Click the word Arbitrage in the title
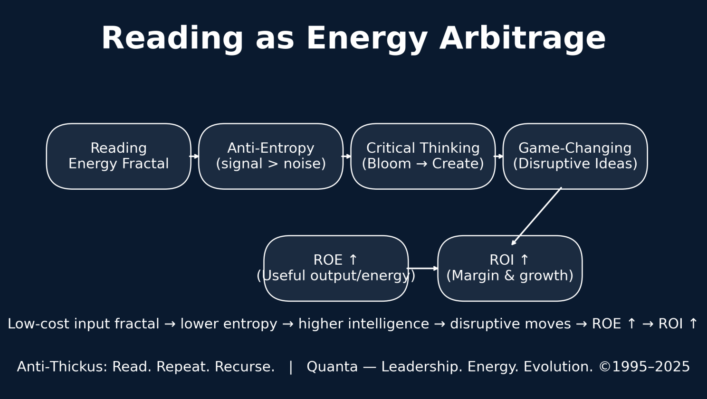pos(523,39)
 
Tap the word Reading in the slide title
pos(172,39)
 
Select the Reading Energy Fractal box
pos(119,156)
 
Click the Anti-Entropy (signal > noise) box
pos(271,156)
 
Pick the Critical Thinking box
pos(423,156)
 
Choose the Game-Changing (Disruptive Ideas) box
pos(575,156)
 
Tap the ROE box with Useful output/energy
pos(336,268)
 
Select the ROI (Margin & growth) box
pos(510,268)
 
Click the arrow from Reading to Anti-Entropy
pos(194,156)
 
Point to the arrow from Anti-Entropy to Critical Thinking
pos(346,156)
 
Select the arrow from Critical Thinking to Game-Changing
pos(498,156)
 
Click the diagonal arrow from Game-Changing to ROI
pos(536,216)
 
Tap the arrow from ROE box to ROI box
pos(422,269)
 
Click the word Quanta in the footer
pos(332,367)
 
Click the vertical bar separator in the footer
pos(291,367)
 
